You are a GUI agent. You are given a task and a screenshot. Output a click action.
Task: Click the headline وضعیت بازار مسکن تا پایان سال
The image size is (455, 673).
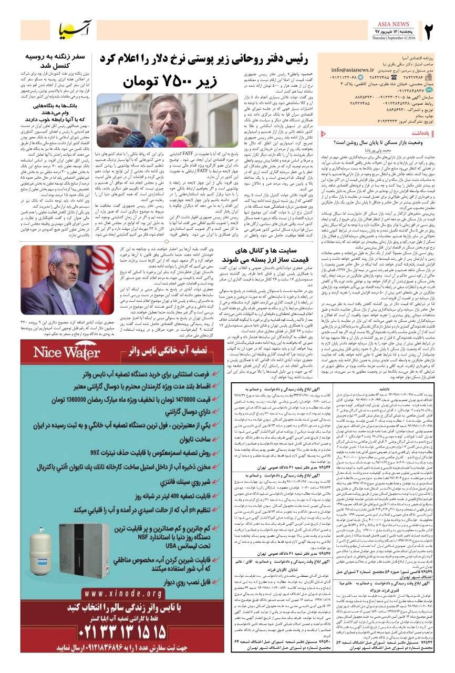pyautogui.click(x=376, y=142)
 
